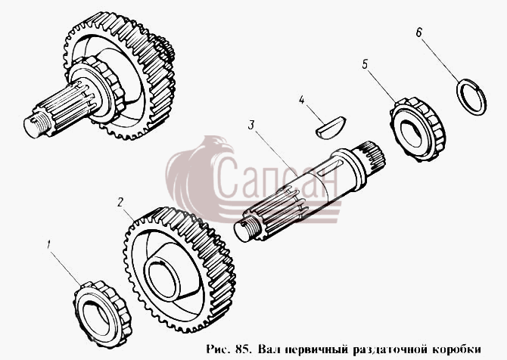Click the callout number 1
coord(49,244)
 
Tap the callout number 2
coord(120,203)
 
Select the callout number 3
coord(251,125)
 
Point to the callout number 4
coord(301,100)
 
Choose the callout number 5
coord(365,64)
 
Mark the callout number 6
coord(418,33)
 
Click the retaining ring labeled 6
coord(471,97)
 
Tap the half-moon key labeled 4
coord(331,128)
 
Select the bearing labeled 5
coord(417,130)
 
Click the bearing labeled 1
coord(102,314)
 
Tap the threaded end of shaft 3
coord(248,228)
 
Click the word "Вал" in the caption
coord(268,349)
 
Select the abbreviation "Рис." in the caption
coord(219,349)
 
